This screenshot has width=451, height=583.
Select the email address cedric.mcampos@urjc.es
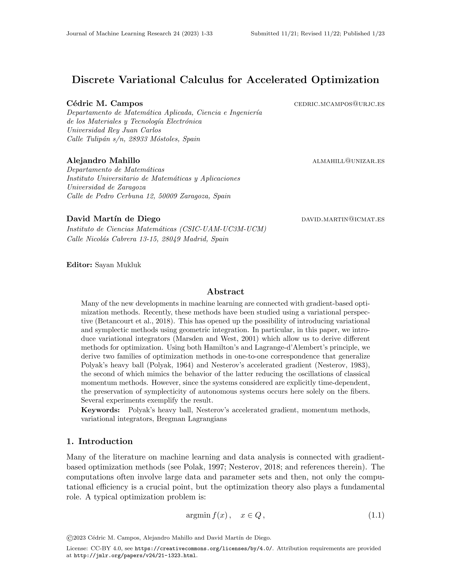click(339, 104)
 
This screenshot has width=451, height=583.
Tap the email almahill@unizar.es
click(348, 161)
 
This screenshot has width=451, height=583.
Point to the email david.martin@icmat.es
click(343, 219)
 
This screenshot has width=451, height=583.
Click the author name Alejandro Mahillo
click(103, 160)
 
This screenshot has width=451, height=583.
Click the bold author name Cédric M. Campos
click(105, 103)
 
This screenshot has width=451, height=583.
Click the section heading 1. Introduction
click(99, 441)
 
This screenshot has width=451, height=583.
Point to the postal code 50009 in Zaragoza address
click(168, 196)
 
